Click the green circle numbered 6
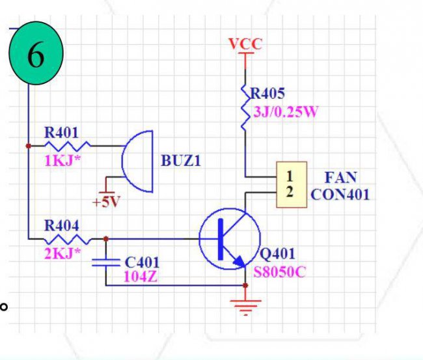36,53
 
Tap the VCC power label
245,44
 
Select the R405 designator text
267,93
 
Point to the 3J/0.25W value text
286,111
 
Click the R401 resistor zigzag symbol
68,146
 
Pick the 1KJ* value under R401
62,161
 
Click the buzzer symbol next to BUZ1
137,161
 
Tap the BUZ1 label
181,161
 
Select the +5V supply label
106,202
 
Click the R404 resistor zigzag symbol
68,239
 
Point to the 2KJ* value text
62,253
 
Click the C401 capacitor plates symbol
105,262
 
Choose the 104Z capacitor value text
141,277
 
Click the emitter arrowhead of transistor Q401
239,261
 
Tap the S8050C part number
280,272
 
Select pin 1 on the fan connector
290,176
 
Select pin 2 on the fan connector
290,192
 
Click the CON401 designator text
340,194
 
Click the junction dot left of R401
29,146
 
